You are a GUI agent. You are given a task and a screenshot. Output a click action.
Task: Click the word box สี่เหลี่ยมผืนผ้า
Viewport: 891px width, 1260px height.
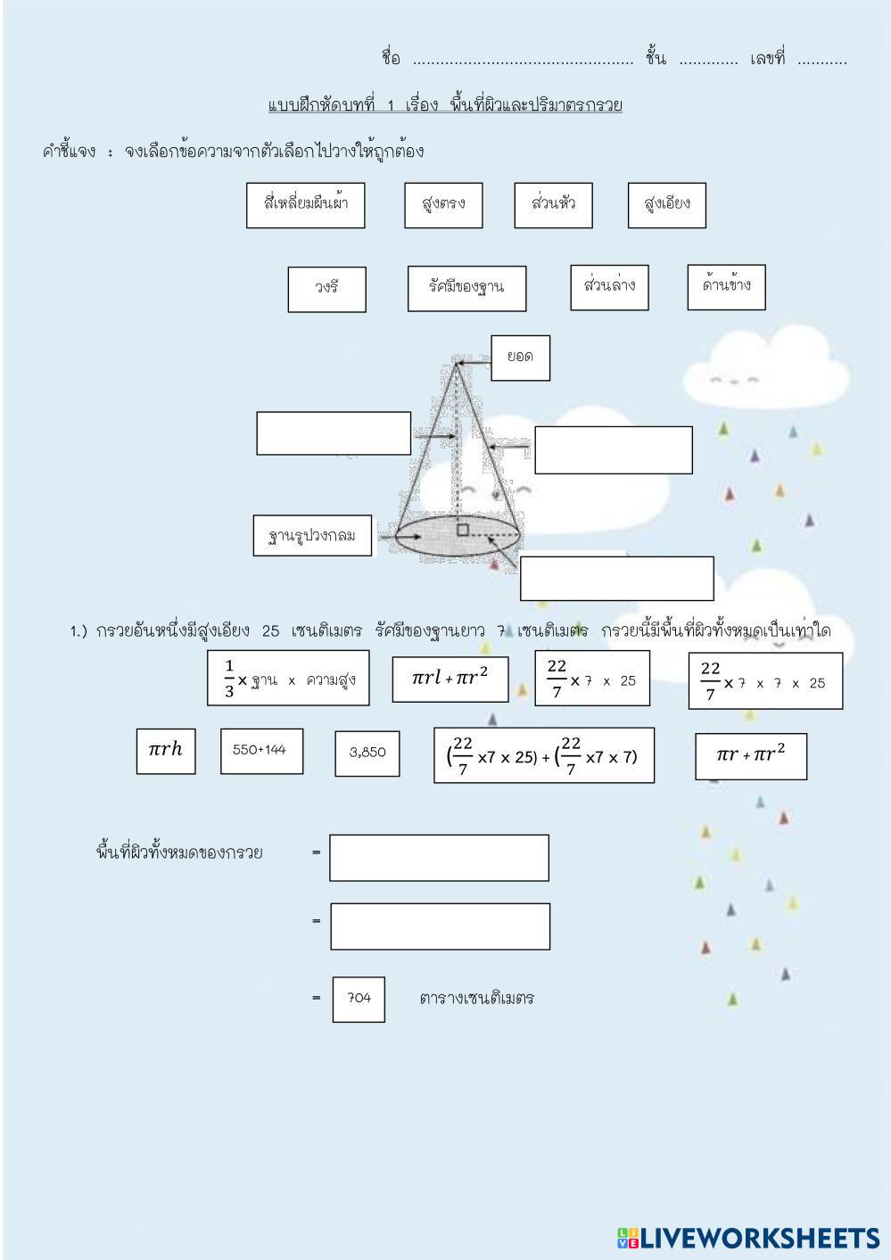click(x=305, y=204)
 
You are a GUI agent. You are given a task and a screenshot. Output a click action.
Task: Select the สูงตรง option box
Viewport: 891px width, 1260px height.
click(x=443, y=205)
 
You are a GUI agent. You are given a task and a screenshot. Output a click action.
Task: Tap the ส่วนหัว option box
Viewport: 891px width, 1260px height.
click(x=553, y=204)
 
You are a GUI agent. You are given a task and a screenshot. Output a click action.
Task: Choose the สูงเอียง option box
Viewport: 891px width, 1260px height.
click(x=666, y=204)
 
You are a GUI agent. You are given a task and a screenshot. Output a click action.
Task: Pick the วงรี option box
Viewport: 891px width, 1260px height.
click(x=326, y=289)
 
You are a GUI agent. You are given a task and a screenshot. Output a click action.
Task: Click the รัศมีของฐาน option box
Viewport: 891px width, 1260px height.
click(x=466, y=288)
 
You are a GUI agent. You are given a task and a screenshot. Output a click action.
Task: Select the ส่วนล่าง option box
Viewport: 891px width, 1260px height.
click(x=609, y=286)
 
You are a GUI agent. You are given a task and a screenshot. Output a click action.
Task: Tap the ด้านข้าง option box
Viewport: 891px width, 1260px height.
click(x=726, y=286)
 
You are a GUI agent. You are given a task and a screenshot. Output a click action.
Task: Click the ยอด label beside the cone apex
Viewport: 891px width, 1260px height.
click(x=520, y=358)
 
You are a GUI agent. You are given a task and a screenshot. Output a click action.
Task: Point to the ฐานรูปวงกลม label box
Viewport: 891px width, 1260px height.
click(x=312, y=537)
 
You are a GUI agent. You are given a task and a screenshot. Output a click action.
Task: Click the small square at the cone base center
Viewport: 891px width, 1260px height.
click(x=462, y=531)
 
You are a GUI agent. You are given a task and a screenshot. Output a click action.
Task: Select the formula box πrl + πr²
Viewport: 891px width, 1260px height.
click(x=450, y=679)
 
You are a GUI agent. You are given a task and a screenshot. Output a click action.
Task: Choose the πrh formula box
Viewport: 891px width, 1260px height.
click(x=165, y=750)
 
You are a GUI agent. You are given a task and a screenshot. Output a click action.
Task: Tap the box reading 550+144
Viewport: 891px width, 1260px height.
click(x=260, y=750)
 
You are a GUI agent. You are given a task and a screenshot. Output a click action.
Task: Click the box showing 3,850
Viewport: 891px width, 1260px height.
click(x=367, y=753)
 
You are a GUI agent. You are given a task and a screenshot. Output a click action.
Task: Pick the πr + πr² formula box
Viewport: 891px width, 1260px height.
click(x=750, y=755)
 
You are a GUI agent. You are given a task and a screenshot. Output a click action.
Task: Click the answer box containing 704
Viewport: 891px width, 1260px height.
click(x=359, y=999)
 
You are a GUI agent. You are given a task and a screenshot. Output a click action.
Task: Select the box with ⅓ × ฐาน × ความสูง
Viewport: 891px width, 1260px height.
click(x=287, y=679)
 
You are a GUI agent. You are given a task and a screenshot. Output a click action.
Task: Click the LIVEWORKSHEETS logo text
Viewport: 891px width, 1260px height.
click(x=749, y=1238)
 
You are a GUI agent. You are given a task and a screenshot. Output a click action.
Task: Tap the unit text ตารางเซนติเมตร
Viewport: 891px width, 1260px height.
click(x=476, y=999)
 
